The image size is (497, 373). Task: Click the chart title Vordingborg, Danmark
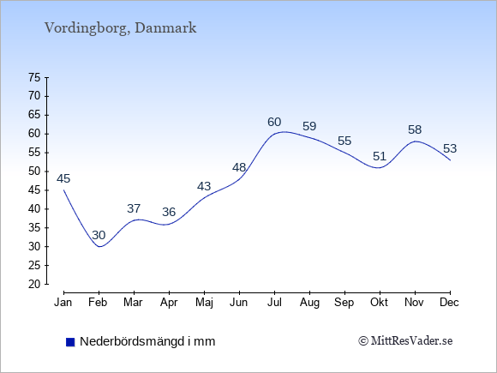tap(121, 28)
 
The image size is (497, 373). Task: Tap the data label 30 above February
tap(99, 235)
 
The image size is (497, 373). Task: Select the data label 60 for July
tap(274, 122)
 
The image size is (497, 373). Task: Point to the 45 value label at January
tap(63, 178)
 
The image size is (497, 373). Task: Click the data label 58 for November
tap(415, 129)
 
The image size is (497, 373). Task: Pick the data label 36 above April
tap(169, 212)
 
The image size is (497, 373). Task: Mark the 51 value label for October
tap(380, 156)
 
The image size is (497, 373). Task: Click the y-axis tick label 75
tap(34, 77)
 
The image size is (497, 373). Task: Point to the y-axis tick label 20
tap(34, 284)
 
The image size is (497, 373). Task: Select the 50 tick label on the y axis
tap(34, 171)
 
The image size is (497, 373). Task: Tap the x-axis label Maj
tap(204, 303)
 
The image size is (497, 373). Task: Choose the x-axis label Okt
tap(380, 303)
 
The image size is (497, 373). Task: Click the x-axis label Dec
tap(450, 303)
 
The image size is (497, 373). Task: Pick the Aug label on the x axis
tap(309, 303)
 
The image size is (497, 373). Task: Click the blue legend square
tap(70, 342)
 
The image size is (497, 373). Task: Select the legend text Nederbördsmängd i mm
tap(147, 341)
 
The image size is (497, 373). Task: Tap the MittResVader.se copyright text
tap(405, 341)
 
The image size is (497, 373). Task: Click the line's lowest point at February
tap(99, 246)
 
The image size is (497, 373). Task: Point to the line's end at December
tap(450, 160)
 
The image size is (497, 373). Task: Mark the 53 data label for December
tap(450, 148)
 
